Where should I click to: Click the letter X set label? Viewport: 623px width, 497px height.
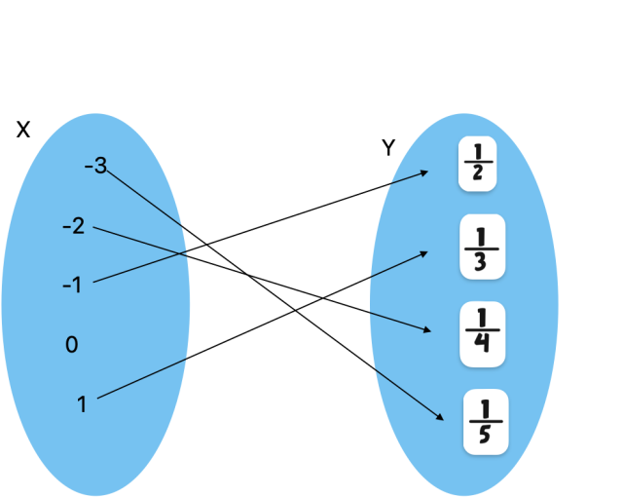23,130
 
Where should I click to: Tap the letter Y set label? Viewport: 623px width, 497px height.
388,148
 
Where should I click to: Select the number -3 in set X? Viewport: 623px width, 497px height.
95,166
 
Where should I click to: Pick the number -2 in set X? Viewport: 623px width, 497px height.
73,227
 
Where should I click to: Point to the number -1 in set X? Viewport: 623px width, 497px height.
72,286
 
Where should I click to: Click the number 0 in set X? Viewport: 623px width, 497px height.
71,345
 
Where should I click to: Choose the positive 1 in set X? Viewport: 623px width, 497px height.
82,403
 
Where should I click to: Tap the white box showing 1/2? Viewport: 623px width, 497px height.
478,164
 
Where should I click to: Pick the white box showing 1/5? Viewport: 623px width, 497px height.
485,420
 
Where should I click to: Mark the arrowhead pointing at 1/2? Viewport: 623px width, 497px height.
425,172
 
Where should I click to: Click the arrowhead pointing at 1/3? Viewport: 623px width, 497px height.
424,251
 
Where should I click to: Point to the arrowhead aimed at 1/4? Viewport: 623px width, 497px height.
426,331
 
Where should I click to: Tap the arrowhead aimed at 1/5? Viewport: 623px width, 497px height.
441,418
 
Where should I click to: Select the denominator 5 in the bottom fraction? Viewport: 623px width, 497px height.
485,434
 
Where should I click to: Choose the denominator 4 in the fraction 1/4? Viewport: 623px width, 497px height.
482,346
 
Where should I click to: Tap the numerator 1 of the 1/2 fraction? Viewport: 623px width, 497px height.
478,153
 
